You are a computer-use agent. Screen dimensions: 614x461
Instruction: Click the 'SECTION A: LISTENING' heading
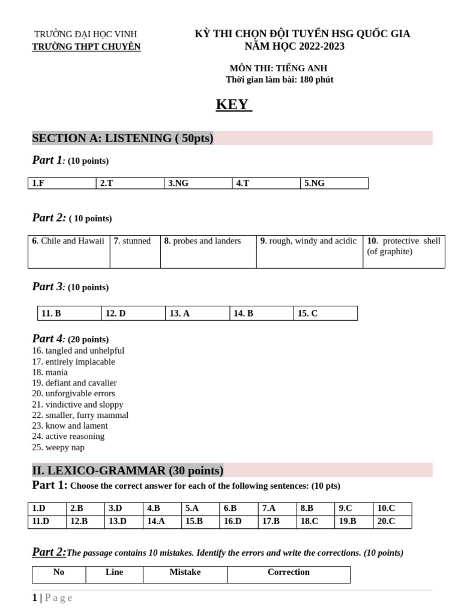coord(122,139)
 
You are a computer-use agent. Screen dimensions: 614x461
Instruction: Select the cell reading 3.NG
coord(197,183)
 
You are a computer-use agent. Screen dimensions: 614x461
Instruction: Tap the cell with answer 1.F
coord(62,183)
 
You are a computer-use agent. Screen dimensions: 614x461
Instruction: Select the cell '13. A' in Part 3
coord(197,314)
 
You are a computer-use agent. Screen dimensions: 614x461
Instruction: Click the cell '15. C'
coord(325,314)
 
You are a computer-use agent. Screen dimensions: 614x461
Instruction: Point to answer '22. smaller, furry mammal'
coord(80,416)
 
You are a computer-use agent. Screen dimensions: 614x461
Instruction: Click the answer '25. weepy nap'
coord(58,447)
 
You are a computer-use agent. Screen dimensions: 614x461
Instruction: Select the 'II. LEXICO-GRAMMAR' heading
coord(127,470)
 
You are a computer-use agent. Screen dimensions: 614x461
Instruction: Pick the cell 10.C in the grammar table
coord(392,508)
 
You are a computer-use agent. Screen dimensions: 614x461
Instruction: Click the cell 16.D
coord(238,522)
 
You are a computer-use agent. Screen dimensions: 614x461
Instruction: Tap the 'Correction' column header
coord(289,573)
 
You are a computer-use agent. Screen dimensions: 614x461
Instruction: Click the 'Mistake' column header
coord(185,573)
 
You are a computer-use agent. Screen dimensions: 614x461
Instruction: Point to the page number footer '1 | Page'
coord(52,598)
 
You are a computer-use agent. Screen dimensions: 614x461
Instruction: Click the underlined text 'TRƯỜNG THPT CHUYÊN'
coord(86,47)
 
